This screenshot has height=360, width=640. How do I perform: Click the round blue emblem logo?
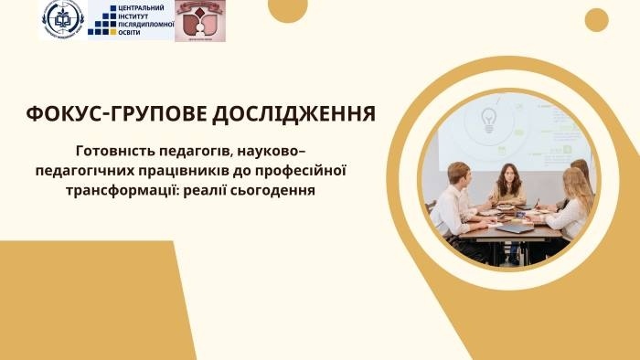click(x=62, y=19)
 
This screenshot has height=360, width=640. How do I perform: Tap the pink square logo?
click(x=199, y=21)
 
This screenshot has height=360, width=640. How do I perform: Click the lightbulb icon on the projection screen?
click(x=486, y=118)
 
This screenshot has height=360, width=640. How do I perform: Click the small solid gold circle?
click(x=596, y=19)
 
